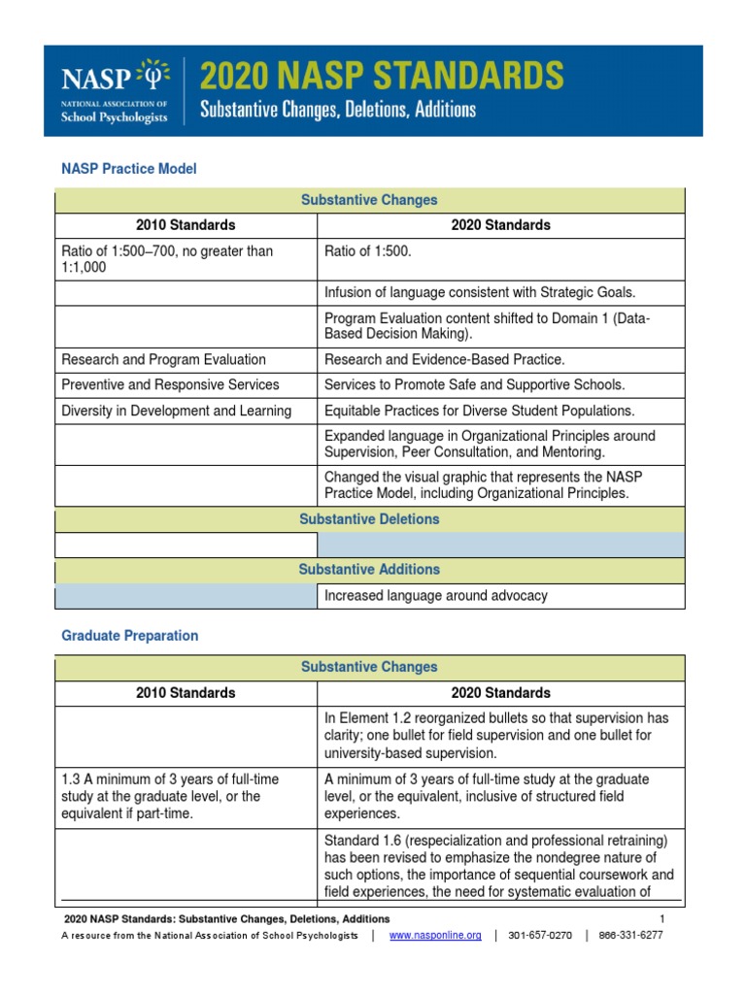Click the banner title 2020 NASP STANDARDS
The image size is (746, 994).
(381, 76)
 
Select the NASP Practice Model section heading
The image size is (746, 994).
(128, 169)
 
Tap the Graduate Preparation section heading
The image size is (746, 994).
(129, 636)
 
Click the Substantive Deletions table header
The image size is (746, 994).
(369, 519)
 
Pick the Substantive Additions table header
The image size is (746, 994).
(369, 570)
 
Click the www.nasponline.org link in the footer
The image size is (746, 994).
(434, 936)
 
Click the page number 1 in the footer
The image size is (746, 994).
(661, 918)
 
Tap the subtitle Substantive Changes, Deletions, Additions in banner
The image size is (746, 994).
(338, 110)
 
